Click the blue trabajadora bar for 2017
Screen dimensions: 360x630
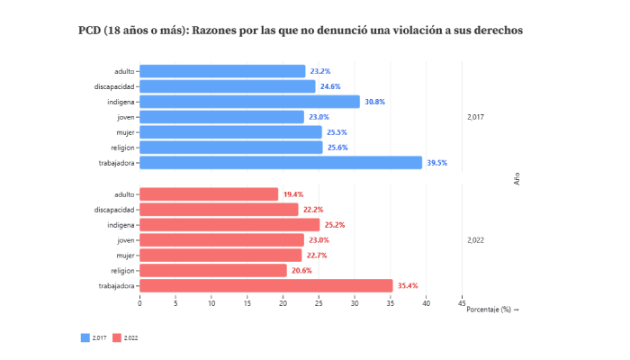coord(281,163)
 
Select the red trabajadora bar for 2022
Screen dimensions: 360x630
coord(266,285)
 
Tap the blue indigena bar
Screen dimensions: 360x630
coord(249,102)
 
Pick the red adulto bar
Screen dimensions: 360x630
coord(209,193)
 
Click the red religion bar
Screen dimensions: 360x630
coord(213,270)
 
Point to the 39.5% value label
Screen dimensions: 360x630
coord(436,163)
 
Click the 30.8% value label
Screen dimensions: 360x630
coord(374,102)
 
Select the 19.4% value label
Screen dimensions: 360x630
coord(293,194)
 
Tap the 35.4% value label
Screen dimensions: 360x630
coord(408,286)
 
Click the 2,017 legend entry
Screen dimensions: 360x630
coord(94,337)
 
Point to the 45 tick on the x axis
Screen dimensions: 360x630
coord(463,303)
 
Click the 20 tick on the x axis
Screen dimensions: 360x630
coord(283,303)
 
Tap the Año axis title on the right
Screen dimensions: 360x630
coord(517,178)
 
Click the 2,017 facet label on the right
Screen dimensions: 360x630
coord(476,117)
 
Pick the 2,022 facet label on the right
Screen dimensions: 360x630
coord(476,240)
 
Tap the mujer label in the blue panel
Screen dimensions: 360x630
coord(124,132)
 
